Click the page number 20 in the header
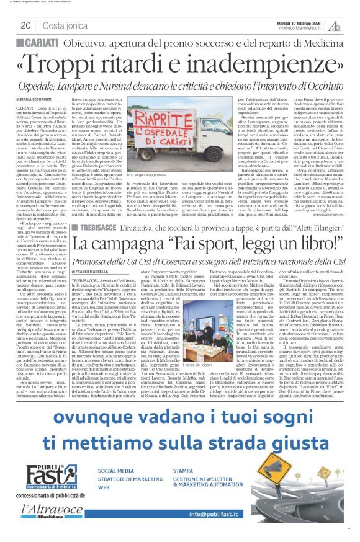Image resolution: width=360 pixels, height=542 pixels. pos(26,25)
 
